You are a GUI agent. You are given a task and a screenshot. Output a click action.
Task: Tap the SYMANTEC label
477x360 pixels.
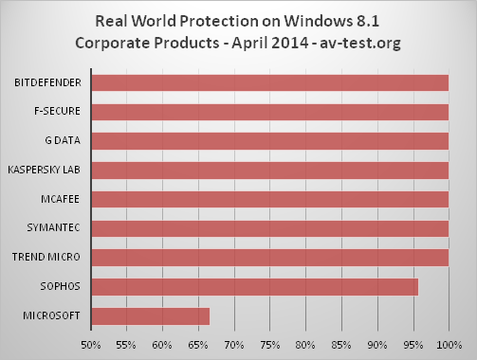click(56, 228)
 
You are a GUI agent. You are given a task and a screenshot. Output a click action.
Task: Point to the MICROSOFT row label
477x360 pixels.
click(54, 315)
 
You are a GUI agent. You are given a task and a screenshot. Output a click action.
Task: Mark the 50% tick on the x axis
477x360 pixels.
click(91, 343)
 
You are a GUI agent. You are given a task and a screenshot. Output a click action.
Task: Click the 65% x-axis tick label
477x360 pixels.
click(198, 343)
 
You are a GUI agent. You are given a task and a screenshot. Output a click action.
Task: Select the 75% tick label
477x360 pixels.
click(270, 343)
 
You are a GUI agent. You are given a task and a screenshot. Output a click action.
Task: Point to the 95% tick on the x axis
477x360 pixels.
click(413, 343)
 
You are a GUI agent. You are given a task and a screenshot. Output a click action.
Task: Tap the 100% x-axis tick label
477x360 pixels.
click(449, 343)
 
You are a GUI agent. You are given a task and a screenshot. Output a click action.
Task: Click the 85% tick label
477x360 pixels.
click(341, 343)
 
